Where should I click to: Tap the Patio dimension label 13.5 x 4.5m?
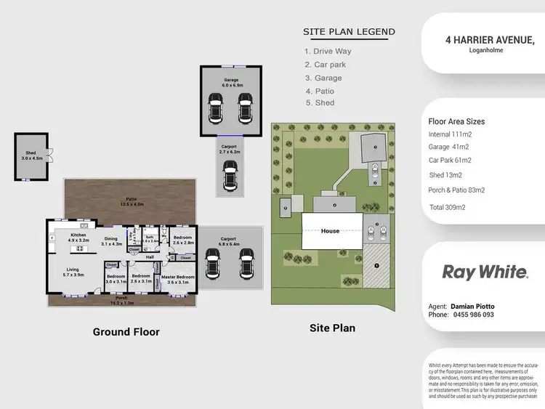coord(132,204)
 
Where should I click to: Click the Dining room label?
coord(110,240)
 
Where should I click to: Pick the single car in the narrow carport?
coord(230,175)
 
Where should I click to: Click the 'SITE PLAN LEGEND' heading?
coord(349,32)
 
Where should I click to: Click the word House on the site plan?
coord(330,231)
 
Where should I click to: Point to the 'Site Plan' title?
coord(332,328)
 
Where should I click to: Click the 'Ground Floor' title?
coord(126,332)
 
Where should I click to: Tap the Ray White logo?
coord(485,272)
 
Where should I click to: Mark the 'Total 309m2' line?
coord(448,208)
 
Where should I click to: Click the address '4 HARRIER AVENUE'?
coord(490,41)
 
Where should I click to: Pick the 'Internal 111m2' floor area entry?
coord(451,134)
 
